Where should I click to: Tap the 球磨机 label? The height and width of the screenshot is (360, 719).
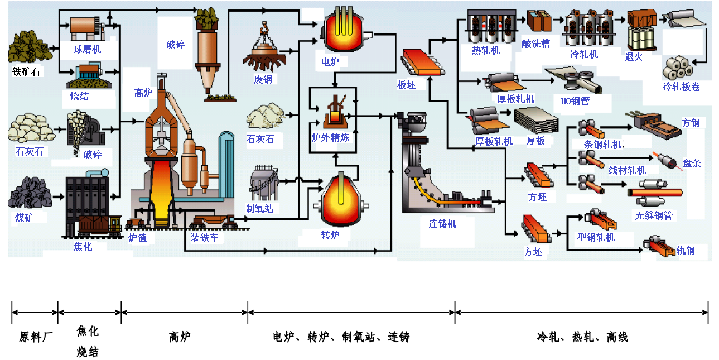88,49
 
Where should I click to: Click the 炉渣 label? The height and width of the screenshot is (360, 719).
137,238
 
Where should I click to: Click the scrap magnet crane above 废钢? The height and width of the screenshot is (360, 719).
264,50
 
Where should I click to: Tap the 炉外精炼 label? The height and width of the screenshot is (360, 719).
330,137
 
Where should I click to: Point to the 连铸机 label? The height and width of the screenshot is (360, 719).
443,224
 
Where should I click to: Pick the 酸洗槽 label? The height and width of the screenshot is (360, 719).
536,44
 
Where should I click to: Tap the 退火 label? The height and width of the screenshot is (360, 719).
634,56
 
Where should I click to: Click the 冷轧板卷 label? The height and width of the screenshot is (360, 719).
681,87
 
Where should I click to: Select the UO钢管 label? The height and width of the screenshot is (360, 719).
575,102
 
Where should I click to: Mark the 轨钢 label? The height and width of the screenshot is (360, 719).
686,251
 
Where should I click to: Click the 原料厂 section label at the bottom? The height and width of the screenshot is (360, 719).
35,337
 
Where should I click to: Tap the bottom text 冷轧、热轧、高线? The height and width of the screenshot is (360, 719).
582,337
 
